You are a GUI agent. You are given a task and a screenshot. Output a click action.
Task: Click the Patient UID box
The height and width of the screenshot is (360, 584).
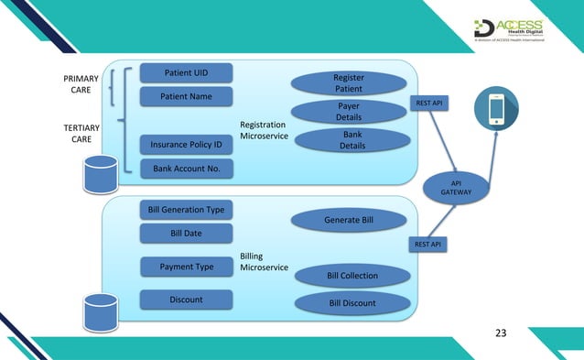(x=186, y=72)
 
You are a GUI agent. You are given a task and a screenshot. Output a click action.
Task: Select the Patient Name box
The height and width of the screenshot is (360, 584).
(x=186, y=96)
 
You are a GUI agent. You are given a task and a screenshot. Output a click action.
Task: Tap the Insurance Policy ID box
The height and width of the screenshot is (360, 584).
(x=186, y=145)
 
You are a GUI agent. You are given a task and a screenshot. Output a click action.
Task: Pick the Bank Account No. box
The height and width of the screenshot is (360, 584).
(x=186, y=169)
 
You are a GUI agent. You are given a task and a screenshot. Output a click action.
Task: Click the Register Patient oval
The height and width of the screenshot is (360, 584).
(x=348, y=84)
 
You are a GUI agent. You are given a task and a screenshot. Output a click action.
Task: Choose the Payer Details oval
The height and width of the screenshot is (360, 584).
(x=348, y=112)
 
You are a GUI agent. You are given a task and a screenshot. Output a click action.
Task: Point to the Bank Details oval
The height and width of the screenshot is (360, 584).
(x=348, y=140)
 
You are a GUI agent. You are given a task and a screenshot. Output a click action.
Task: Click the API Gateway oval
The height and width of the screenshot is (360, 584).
(x=457, y=187)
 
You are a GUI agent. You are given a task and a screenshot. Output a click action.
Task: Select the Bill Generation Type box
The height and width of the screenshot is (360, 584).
(x=186, y=210)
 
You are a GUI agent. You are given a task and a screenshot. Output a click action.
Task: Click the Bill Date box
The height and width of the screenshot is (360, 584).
(x=186, y=234)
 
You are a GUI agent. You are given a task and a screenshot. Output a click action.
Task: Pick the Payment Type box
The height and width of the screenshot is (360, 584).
(x=186, y=267)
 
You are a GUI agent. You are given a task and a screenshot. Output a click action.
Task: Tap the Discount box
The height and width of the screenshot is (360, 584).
(x=186, y=300)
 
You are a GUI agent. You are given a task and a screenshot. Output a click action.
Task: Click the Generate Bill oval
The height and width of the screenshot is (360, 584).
(x=348, y=220)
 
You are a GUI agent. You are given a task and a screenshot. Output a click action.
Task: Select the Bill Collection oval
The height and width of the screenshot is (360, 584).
(x=351, y=275)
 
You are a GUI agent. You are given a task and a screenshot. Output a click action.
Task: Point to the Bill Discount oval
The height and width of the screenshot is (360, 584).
(x=351, y=303)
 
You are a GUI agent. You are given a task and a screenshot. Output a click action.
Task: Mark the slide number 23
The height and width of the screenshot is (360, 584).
(x=500, y=333)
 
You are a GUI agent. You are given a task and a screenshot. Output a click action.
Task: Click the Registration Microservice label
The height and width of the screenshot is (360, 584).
(x=264, y=130)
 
